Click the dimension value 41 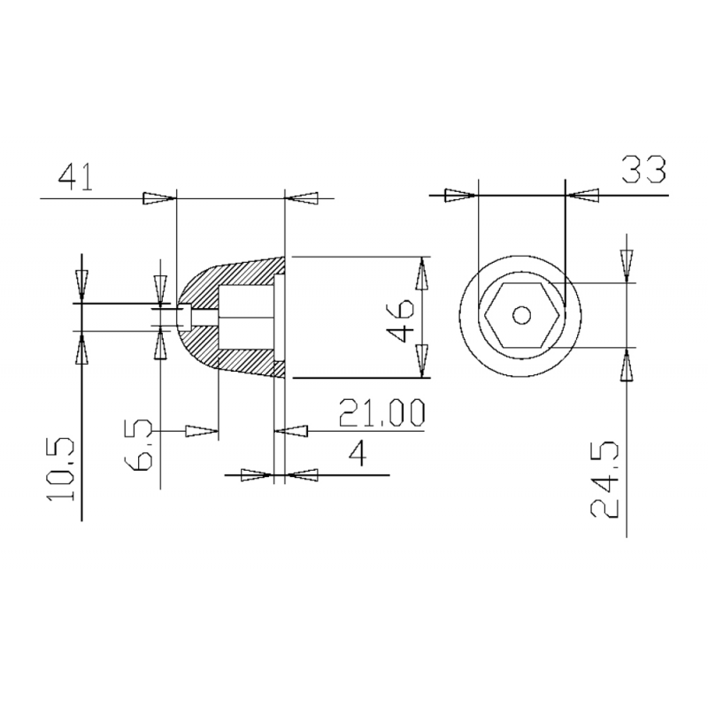coord(78,177)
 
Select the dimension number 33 coord(643,168)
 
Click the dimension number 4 coord(357,454)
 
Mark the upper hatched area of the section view coord(239,275)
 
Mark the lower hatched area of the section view coord(243,359)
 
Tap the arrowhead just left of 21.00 coord(291,431)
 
